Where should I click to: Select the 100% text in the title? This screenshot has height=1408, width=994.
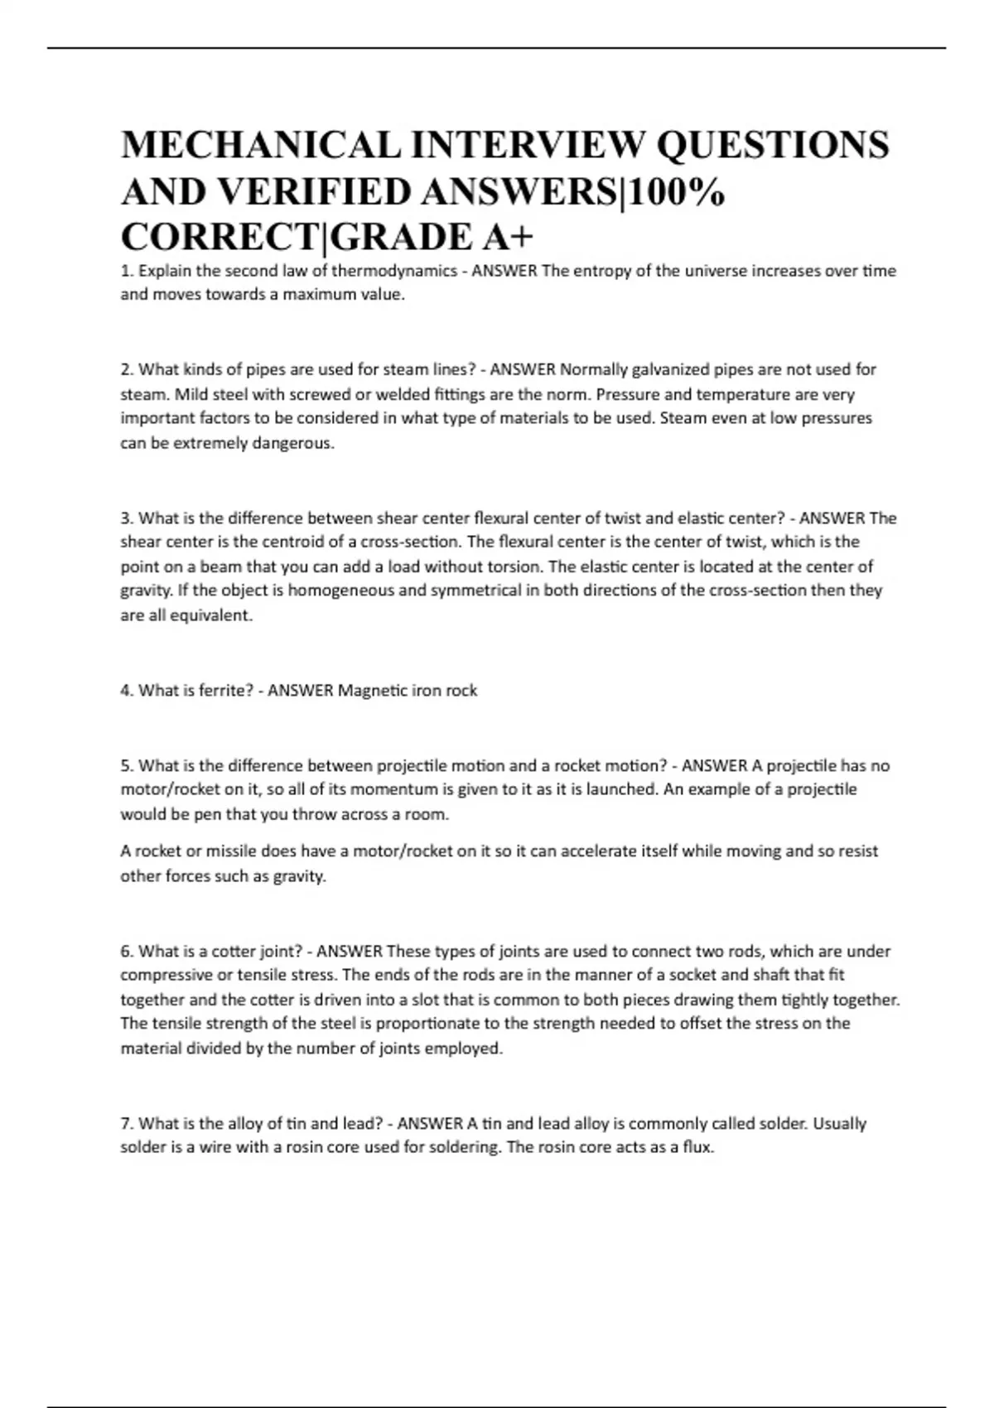pos(679,192)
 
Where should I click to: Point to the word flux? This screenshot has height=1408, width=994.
pos(698,1148)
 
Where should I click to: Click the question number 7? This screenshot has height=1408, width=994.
pos(127,1124)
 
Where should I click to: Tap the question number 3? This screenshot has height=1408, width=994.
pos(127,518)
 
